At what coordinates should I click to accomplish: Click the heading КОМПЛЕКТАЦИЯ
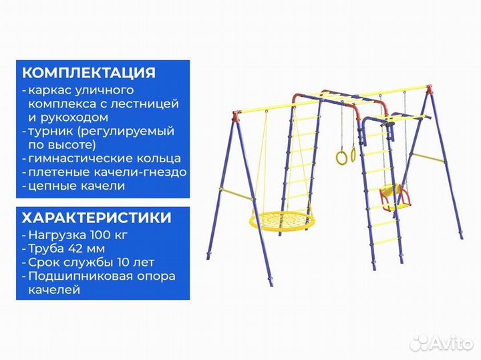pyautogui.click(x=89, y=73)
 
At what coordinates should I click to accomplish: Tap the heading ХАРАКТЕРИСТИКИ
pyautogui.click(x=96, y=218)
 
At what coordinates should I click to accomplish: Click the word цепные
pyautogui.click(x=51, y=185)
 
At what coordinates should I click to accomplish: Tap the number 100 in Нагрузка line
pyautogui.click(x=96, y=236)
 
